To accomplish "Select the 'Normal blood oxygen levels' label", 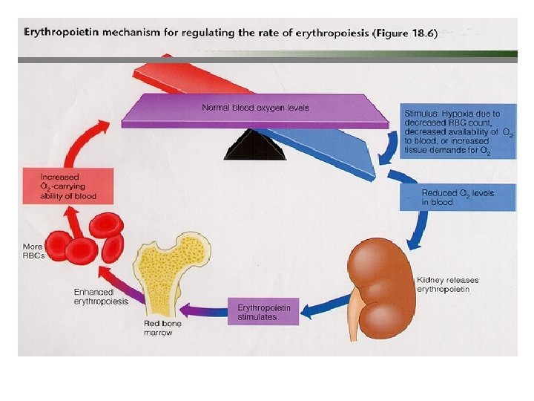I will coord(255,108).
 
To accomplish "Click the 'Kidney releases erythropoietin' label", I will coord(447,284).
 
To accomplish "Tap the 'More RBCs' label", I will coord(33,251).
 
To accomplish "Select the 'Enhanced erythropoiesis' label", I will coord(101,296).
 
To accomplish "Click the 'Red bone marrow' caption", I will coord(162,328).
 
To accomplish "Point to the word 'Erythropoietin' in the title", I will coord(61,33).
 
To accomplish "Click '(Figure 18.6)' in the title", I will coord(403,33).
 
